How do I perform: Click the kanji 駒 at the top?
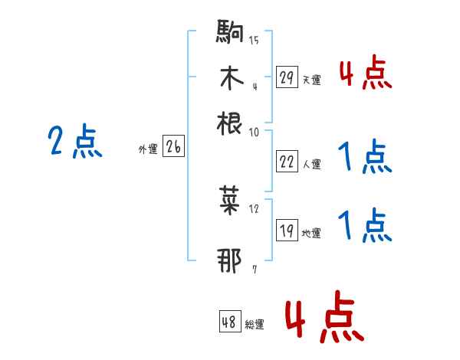[230, 34]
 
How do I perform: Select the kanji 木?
[230, 78]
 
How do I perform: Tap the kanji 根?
[230, 123]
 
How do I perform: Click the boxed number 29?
[287, 78]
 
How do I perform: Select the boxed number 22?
[287, 162]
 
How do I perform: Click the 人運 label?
[311, 164]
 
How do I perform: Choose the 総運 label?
[254, 325]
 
